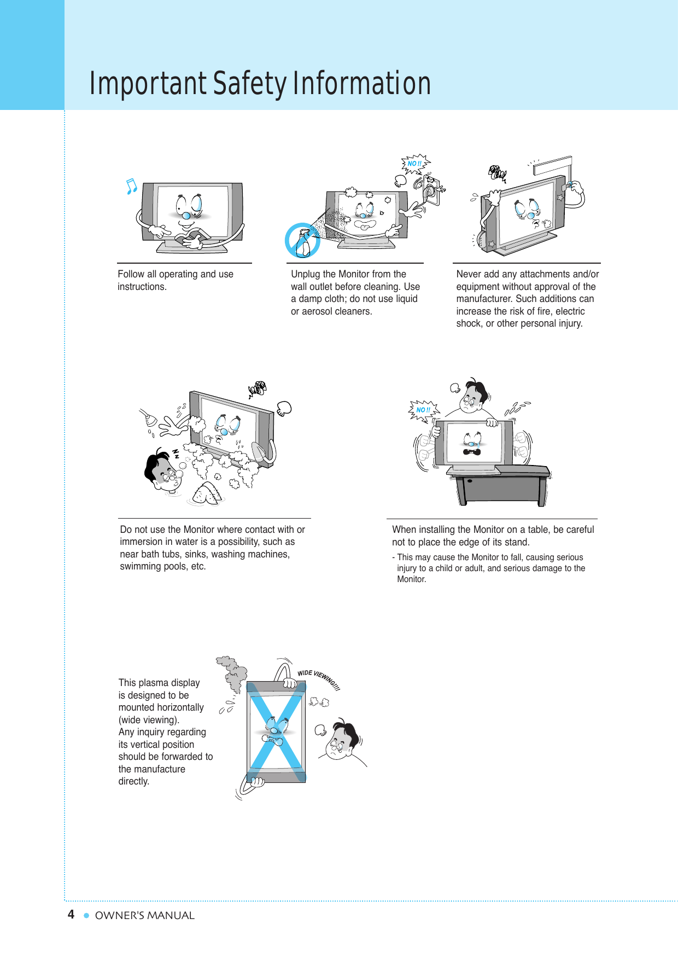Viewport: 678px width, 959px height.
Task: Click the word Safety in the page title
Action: tap(249, 84)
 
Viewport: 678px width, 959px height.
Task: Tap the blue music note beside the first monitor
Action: tap(131, 187)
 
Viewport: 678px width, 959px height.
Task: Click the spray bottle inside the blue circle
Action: tap(303, 243)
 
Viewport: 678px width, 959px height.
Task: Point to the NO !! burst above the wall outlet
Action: tap(415, 164)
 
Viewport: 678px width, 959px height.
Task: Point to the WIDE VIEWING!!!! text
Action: tap(319, 679)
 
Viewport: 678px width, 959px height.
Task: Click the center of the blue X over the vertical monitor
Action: tap(276, 731)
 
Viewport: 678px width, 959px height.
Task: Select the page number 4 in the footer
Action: tap(71, 914)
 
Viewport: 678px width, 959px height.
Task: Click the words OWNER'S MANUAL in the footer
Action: tap(145, 915)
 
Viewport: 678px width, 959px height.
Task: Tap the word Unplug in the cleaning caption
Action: tap(304, 274)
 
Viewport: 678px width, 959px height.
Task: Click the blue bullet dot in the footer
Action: tap(86, 915)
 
